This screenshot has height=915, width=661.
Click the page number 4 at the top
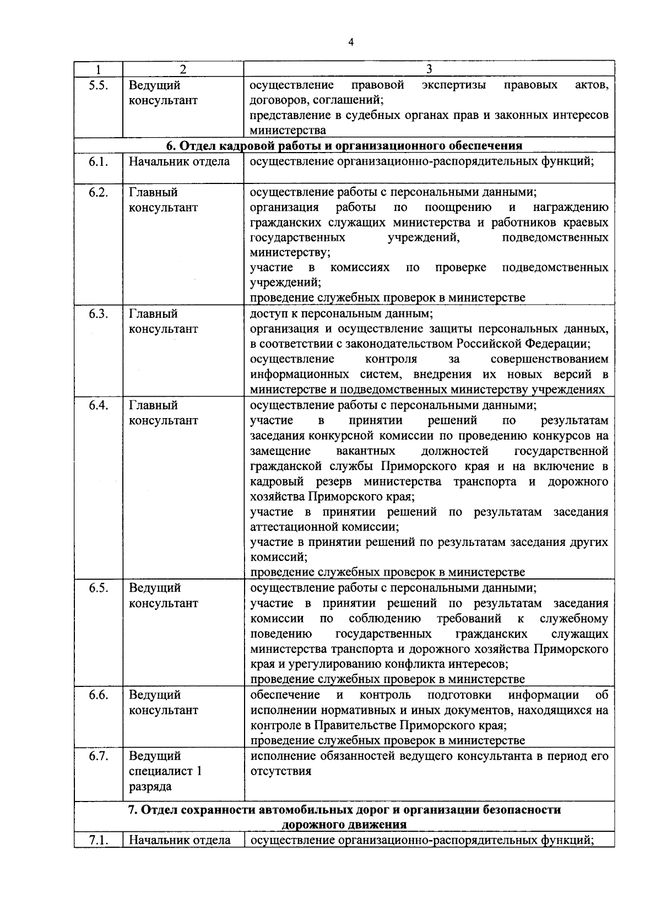(x=351, y=43)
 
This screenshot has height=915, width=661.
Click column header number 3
(x=429, y=69)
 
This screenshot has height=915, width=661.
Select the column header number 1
(x=98, y=69)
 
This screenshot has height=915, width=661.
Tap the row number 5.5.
(x=98, y=85)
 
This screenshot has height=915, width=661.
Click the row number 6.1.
(x=98, y=161)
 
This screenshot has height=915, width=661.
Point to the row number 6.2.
(x=98, y=192)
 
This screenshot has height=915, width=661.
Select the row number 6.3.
(x=98, y=314)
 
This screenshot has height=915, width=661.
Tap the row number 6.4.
(x=98, y=405)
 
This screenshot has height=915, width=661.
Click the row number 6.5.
(x=98, y=588)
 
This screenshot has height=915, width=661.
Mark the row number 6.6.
(x=98, y=695)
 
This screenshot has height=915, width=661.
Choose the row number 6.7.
(x=98, y=756)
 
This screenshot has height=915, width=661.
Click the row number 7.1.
(x=98, y=840)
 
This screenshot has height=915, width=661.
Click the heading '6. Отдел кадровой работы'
(x=344, y=146)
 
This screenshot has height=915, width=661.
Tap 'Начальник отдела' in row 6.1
(x=180, y=161)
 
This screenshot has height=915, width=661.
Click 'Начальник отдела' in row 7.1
(x=180, y=840)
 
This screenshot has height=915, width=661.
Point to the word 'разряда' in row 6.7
(x=151, y=787)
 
